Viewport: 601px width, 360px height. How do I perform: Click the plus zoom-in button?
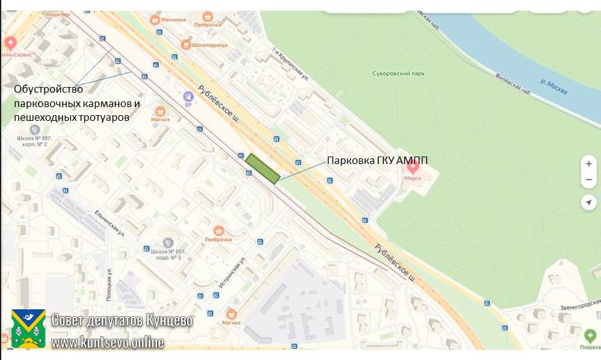(x=588, y=164)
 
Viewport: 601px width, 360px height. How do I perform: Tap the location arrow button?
(x=588, y=202)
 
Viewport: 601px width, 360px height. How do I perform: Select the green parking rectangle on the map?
(x=262, y=168)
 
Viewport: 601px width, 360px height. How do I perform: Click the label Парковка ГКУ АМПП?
(x=378, y=160)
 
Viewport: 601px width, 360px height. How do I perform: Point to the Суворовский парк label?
(x=398, y=73)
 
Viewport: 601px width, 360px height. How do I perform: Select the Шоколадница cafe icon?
(x=185, y=44)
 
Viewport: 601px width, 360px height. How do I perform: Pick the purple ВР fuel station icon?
(x=188, y=97)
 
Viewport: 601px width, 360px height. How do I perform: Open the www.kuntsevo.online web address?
(x=107, y=342)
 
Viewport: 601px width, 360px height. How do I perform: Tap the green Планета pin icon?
(x=589, y=336)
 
